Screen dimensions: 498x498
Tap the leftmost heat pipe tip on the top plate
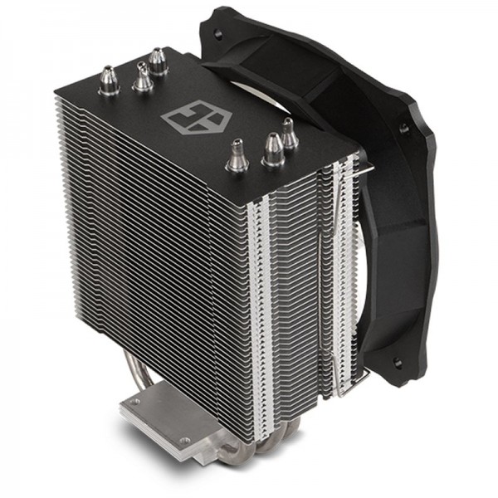point(109,81)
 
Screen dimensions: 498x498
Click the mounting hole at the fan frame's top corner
point(217,33)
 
